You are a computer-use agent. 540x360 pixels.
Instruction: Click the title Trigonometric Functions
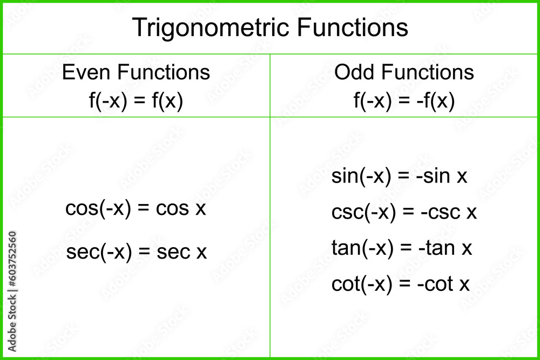tap(270, 28)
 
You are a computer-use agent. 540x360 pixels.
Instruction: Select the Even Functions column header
tap(136, 72)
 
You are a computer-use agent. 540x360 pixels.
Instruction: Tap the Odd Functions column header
tap(404, 72)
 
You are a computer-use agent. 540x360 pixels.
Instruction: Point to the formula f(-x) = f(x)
tap(136, 101)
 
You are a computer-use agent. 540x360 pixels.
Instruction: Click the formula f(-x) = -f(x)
tap(404, 101)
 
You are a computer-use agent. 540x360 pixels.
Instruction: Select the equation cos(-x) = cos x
tap(136, 208)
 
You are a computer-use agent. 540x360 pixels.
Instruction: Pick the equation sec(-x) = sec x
tap(136, 252)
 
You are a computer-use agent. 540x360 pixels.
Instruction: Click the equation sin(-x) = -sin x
tap(399, 176)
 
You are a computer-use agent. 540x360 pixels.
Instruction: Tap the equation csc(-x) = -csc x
tap(404, 213)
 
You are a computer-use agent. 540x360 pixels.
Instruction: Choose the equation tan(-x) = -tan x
tap(402, 248)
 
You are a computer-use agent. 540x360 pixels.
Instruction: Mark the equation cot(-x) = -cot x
tap(401, 284)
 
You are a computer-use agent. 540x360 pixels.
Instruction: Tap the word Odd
tap(353, 72)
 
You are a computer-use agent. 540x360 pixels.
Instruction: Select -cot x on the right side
tap(444, 284)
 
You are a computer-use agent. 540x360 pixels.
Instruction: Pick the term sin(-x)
tap(361, 176)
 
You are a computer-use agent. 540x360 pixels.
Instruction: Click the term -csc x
tap(449, 213)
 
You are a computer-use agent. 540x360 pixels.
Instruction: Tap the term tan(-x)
tap(362, 248)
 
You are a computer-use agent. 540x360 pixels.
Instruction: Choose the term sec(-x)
tap(99, 252)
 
